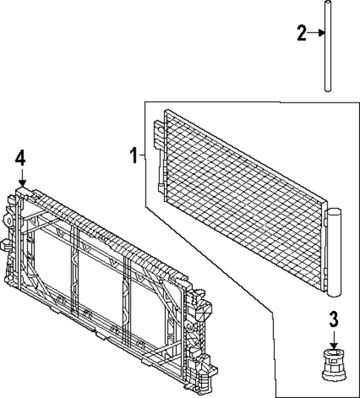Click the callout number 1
pyautogui.click(x=133, y=156)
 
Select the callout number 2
pyautogui.click(x=301, y=33)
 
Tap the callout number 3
pyautogui.click(x=334, y=320)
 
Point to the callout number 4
pyautogui.click(x=21, y=157)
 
